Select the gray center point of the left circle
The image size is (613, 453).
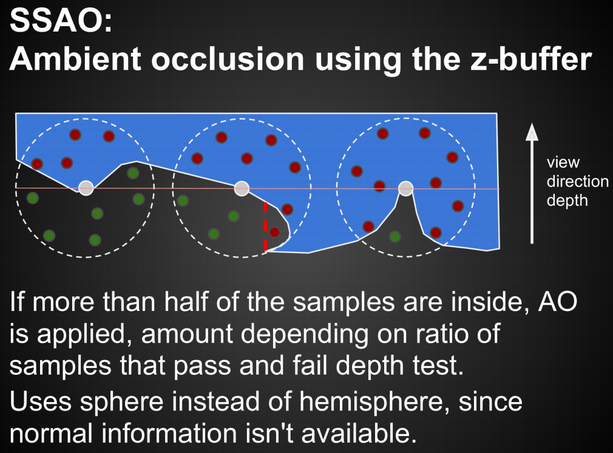pyautogui.click(x=86, y=188)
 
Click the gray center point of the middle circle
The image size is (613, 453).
pyautogui.click(x=242, y=188)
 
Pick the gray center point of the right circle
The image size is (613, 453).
pyautogui.click(x=406, y=188)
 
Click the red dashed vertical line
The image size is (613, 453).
pyautogui.click(x=265, y=226)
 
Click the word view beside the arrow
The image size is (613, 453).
pyautogui.click(x=563, y=162)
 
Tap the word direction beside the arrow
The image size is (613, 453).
pyautogui.click(x=577, y=181)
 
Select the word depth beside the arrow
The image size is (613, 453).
pyautogui.click(x=567, y=200)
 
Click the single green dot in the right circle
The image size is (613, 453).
pyautogui.click(x=395, y=236)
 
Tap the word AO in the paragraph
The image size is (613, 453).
pyautogui.click(x=558, y=301)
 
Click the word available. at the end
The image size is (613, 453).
pyautogui.click(x=359, y=434)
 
